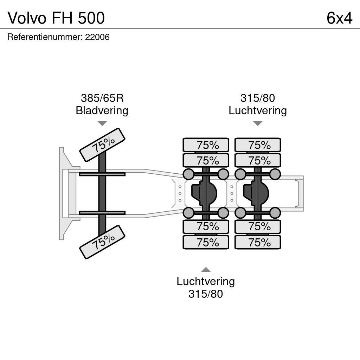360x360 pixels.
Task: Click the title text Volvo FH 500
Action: click(56, 18)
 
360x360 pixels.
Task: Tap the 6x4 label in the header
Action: click(339, 18)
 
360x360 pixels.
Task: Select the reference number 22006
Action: click(97, 37)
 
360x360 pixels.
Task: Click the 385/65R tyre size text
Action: click(102, 98)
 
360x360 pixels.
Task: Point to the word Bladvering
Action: click(102, 110)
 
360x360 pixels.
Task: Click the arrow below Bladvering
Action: click(102, 123)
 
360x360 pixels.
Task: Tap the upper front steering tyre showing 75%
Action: click(103, 144)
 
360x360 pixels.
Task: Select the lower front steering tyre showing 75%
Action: click(103, 242)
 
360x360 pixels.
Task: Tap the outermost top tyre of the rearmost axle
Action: click(258, 145)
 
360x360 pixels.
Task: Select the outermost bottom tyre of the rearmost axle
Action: click(258, 242)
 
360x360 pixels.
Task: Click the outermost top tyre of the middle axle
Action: click(206, 145)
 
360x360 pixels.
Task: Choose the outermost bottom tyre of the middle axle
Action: click(206, 242)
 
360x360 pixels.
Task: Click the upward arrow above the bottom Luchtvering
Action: click(206, 270)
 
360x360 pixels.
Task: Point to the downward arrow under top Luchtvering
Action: click(258, 123)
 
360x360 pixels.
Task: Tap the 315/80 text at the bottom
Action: click(206, 294)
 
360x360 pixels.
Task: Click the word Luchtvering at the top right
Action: click(258, 110)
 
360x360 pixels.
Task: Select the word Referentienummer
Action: click(45, 37)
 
